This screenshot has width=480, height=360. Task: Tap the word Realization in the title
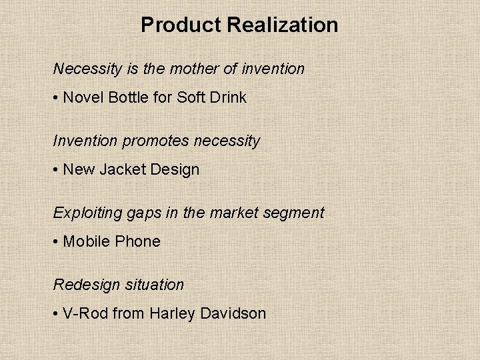[x=283, y=25]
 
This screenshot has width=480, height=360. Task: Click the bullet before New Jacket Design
[x=57, y=170]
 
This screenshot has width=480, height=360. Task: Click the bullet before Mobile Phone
[x=57, y=242]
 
